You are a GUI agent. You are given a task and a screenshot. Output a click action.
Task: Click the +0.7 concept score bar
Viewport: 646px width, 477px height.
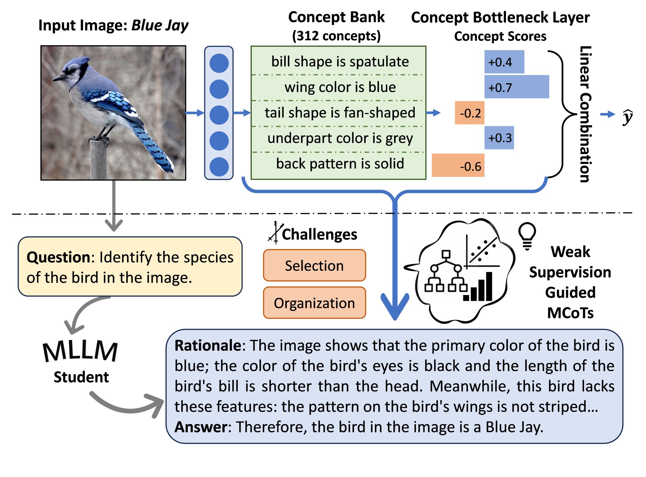[516, 87]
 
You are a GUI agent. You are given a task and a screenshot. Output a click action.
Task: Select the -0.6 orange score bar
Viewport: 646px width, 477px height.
[458, 165]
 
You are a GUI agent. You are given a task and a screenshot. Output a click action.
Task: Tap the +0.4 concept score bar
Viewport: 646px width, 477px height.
[504, 62]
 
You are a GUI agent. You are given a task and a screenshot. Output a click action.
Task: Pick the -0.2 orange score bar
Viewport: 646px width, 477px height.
[470, 113]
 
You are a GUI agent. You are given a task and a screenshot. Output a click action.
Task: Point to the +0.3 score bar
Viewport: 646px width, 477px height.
[499, 138]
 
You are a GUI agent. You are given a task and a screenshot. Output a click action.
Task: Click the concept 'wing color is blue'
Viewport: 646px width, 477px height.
[340, 87]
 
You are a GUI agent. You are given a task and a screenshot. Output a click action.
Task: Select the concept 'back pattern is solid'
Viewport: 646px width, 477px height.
[340, 163]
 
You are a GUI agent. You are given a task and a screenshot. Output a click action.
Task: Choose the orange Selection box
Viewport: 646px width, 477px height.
[314, 265]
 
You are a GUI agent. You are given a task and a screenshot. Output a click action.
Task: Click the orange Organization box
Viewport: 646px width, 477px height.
[314, 303]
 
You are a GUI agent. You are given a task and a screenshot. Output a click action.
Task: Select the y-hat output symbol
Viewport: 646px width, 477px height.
[627, 117]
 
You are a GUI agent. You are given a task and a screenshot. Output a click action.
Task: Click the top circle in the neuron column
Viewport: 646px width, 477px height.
[219, 63]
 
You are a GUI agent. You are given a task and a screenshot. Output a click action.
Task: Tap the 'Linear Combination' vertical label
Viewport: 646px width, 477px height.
[585, 114]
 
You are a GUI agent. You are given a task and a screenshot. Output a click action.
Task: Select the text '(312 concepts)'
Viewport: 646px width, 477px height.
[336, 36]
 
